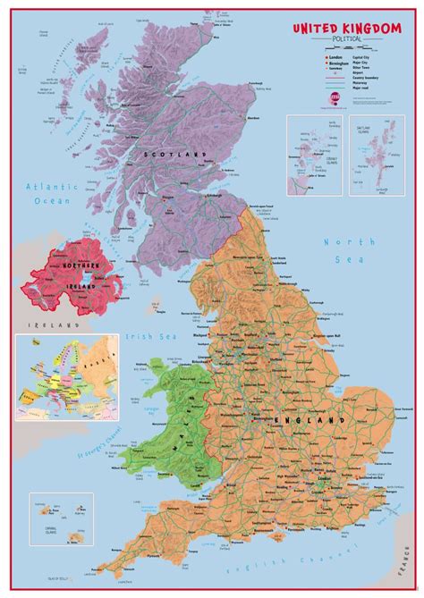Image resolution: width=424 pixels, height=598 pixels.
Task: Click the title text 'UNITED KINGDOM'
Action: (x=349, y=29)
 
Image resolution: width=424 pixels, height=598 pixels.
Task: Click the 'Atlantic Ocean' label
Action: (x=54, y=193)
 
